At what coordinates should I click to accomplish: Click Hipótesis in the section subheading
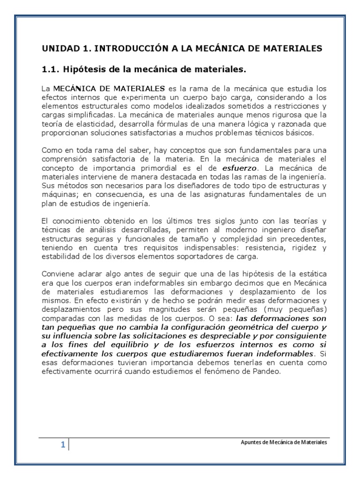coord(84,70)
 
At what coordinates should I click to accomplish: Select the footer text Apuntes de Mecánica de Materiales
coord(280,442)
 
